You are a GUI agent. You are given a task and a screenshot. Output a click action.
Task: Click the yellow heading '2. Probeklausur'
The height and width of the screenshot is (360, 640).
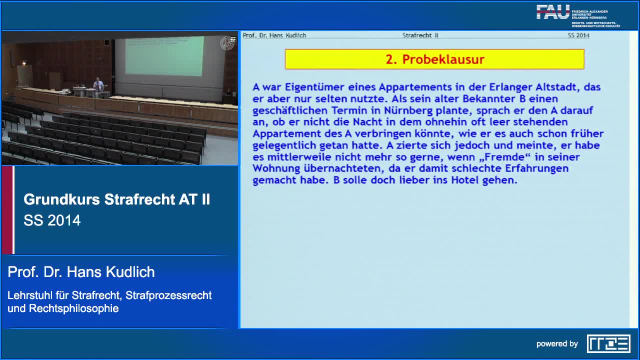[434, 59]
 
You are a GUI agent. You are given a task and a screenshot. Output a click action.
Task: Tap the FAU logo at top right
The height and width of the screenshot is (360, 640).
[553, 12]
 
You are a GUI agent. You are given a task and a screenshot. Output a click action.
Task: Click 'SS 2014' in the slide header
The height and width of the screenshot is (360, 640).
[578, 35]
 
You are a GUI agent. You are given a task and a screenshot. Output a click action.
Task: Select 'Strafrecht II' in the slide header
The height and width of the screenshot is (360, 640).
[420, 35]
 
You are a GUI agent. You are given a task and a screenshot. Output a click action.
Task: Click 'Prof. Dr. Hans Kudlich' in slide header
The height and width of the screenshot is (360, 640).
[274, 35]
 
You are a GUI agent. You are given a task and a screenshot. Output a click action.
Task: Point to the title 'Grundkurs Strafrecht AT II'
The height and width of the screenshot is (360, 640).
[116, 199]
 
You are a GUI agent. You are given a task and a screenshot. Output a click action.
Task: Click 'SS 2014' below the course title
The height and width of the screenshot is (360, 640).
[52, 220]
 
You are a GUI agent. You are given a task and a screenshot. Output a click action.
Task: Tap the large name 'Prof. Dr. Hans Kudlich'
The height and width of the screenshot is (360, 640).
[81, 272]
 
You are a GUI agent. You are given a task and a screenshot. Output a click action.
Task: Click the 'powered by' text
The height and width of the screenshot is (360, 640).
[557, 344]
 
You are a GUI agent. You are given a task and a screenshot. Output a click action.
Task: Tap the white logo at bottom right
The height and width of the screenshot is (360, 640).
[608, 344]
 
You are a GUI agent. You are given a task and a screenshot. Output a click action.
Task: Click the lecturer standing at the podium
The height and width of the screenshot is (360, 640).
[98, 85]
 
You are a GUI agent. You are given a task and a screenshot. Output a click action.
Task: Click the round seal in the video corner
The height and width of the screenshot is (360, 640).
[226, 43]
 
